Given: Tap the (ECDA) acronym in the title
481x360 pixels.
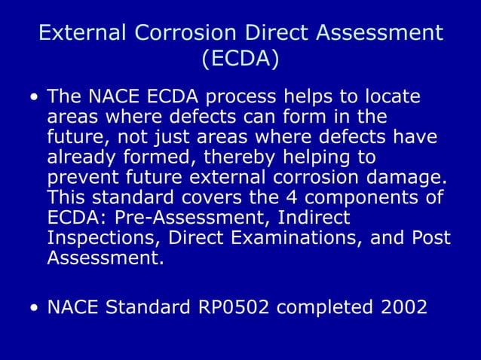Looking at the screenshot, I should [240, 58].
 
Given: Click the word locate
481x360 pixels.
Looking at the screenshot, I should [391, 99].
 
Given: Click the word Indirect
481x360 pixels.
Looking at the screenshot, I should [317, 218].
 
